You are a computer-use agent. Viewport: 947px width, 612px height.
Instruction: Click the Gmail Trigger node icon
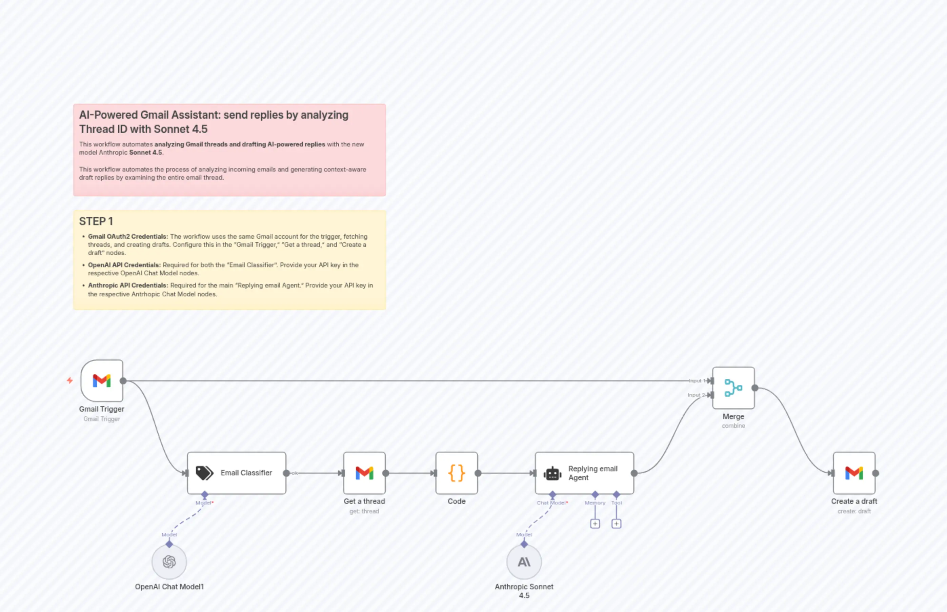click(102, 381)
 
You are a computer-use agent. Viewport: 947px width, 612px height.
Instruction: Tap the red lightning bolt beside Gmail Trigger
click(70, 380)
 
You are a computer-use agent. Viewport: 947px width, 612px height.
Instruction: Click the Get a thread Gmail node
click(364, 473)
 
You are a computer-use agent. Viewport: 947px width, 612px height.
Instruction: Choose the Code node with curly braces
click(457, 473)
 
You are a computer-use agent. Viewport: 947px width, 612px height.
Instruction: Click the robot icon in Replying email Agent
click(552, 473)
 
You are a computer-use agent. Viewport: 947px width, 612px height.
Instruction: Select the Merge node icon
click(733, 388)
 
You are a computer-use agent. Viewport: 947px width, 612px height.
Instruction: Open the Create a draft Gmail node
click(854, 473)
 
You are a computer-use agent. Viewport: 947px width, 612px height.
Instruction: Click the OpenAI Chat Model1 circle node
click(169, 561)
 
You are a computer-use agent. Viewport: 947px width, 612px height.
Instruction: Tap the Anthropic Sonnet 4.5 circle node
click(524, 561)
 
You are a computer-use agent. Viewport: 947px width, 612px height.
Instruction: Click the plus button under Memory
click(595, 524)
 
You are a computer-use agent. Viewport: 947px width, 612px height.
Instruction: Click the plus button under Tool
click(616, 524)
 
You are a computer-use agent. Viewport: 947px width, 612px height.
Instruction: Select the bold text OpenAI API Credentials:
click(124, 265)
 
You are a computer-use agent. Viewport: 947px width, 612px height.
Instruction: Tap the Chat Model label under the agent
click(551, 503)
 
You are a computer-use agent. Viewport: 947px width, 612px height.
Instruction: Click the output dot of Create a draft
click(875, 473)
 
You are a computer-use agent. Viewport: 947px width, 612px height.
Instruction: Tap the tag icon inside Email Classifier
click(204, 473)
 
